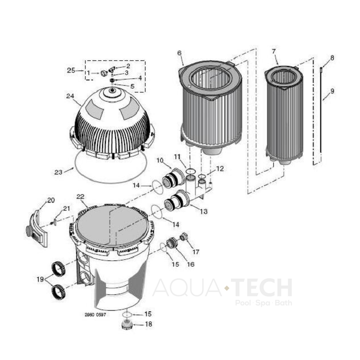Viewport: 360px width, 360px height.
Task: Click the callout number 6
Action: (179, 53)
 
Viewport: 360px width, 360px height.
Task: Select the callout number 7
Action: (274, 51)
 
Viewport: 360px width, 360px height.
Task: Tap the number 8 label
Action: (332, 58)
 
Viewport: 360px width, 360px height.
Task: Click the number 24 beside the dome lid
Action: (70, 96)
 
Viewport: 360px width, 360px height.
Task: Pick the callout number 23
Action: (58, 172)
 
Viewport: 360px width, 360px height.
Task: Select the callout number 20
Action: (50, 200)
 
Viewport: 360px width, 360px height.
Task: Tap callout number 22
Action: (80, 196)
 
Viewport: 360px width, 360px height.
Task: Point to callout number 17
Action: (195, 252)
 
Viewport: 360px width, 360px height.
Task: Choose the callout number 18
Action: (149, 325)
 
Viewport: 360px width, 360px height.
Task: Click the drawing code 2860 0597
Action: (95, 314)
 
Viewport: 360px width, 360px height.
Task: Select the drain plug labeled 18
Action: (127, 325)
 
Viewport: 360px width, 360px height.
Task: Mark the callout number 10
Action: (159, 160)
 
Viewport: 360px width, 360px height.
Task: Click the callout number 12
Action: (220, 168)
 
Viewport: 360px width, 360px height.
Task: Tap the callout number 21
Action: (66, 208)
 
